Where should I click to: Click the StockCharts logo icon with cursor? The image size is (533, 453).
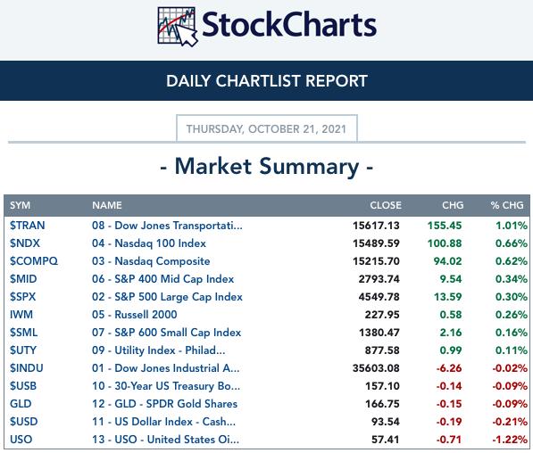tap(178, 27)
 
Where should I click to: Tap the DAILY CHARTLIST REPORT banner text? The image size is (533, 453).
tap(267, 81)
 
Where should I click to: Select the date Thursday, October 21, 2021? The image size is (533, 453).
tap(266, 129)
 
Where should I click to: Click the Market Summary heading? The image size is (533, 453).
tap(267, 167)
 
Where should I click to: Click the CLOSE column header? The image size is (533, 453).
tap(386, 205)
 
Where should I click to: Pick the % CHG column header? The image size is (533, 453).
tap(507, 205)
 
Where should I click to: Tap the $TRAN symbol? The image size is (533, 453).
tap(27, 226)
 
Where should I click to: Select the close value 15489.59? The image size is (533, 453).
tap(376, 243)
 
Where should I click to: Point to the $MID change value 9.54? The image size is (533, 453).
tap(451, 279)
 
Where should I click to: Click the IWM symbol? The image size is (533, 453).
tap(21, 315)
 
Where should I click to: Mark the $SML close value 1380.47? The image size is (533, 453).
tap(379, 333)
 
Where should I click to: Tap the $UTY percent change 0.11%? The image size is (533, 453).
tap(512, 350)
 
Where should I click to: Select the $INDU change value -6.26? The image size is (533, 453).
tap(449, 368)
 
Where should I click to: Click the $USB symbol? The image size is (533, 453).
tap(23, 386)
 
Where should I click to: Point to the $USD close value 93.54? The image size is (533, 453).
tap(385, 422)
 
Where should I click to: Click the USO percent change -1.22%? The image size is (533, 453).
tap(510, 440)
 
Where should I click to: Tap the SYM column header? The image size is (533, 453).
tap(20, 205)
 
